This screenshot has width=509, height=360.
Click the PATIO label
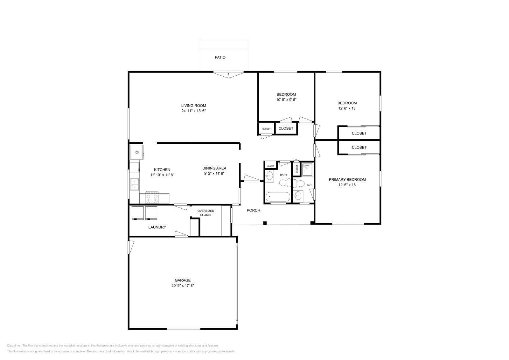pos(220,58)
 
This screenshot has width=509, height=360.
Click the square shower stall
pos(308,170)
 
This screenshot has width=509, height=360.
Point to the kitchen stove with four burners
pos(152,197)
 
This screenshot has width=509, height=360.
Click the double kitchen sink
pos(134,184)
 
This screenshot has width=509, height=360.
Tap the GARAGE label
pos(183,280)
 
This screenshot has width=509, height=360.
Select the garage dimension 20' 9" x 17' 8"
pos(183,286)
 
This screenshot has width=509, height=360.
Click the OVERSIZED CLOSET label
pos(206,213)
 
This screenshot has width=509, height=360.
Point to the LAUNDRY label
pos(157,227)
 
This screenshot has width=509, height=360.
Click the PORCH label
pos(254,210)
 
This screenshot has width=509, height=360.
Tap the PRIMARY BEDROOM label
pos(347,179)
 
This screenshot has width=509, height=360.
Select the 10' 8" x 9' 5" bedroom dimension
pos(286,100)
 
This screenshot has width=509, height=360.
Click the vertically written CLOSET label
pos(297,169)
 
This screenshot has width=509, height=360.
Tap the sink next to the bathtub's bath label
pos(269,176)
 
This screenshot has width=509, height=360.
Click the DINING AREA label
pos(214,168)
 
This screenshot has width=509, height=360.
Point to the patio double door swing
pos(228,75)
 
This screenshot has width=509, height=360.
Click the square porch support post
pos(265,223)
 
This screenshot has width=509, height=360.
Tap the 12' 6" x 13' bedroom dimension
pos(347,108)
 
